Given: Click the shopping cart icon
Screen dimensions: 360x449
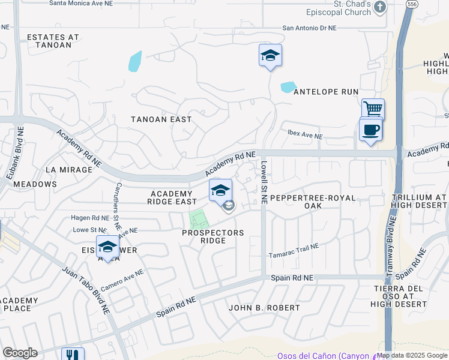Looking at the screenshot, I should tap(373, 109).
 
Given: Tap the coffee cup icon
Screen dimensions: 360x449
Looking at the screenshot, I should tap(370, 129).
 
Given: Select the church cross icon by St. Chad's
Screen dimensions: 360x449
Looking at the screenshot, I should tap(379, 7).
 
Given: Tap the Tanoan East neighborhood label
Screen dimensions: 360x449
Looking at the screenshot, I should tap(161, 119).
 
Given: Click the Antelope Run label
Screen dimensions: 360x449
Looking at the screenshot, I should tap(325, 92).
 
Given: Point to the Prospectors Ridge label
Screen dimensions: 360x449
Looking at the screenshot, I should tap(212, 236).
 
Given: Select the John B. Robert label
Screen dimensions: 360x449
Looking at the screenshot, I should tap(264, 308).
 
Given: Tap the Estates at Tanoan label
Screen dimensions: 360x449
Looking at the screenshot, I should tap(53, 41).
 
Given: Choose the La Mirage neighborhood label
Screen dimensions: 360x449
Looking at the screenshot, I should tap(69, 170).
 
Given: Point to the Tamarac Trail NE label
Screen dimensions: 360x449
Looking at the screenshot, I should tap(293, 251).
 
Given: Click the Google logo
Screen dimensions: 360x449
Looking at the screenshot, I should tap(20, 353).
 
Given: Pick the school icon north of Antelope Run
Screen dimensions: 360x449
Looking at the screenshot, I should tap(270, 56).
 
